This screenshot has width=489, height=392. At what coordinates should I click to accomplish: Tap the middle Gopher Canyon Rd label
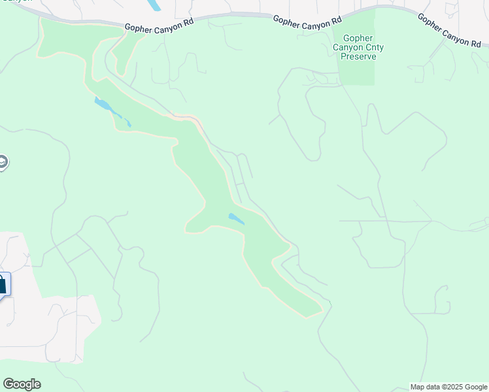click(x=306, y=21)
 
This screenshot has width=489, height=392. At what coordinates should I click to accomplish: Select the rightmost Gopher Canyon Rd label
click(x=449, y=31)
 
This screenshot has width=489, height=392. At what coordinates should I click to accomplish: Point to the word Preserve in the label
click(x=358, y=56)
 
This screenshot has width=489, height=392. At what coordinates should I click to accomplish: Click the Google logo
click(x=22, y=384)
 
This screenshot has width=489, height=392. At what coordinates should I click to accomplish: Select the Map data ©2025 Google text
click(x=449, y=387)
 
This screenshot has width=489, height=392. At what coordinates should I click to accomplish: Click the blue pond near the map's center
click(x=236, y=219)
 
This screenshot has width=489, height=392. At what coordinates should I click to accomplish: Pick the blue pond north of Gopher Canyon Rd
click(x=154, y=5)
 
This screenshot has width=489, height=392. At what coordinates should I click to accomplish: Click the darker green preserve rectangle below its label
click(x=357, y=73)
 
